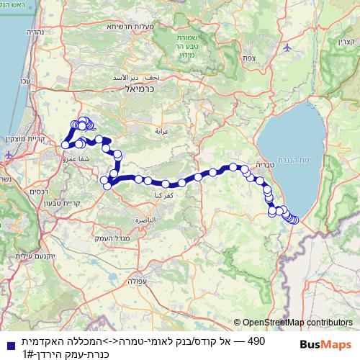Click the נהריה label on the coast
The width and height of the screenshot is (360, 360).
35,32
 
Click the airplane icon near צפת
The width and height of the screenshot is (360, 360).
288,48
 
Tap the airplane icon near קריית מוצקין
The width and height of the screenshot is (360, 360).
9,154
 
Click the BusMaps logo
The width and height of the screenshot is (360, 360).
327,345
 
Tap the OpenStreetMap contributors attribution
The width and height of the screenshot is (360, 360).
297,323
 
